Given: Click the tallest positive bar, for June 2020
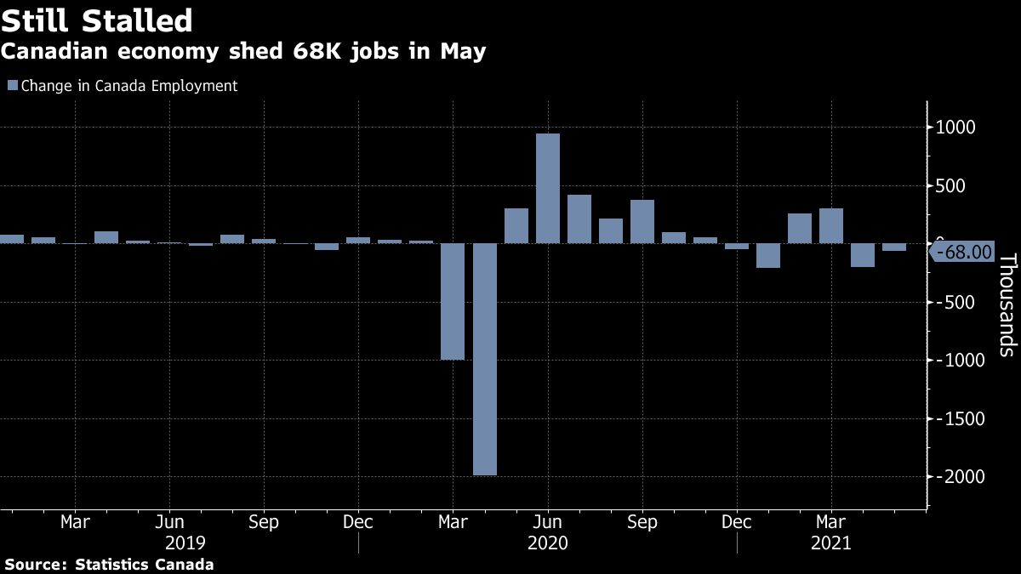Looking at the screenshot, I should tap(548, 188).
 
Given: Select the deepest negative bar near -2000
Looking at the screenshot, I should tap(485, 359).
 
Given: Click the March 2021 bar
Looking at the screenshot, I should tap(831, 225).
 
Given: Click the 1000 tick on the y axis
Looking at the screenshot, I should tap(956, 128).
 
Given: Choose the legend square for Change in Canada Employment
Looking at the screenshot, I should tap(12, 85).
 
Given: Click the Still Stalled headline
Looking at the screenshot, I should tap(96, 20).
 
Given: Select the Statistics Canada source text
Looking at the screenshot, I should tap(145, 564).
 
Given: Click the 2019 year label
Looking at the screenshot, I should tap(184, 542).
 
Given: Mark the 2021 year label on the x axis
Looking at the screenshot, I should tap(830, 542).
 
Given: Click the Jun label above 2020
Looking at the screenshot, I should tap(547, 521).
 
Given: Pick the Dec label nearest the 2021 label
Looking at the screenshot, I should tap(737, 521).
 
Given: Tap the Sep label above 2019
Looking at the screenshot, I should tap(264, 521).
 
